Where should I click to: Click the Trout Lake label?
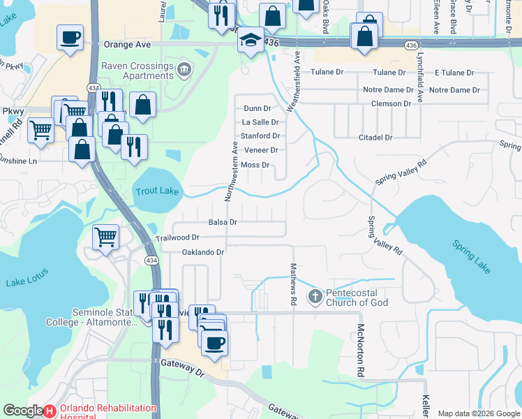pos(157,191)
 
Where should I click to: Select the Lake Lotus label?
pos(26,282)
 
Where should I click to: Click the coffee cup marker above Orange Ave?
pos(70,38)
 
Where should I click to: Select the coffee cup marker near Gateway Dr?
pos(214,342)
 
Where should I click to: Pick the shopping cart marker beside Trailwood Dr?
pos(105,237)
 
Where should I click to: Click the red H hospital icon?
pos(50,411)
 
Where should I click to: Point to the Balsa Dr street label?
pos(223,222)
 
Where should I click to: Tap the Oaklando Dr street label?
pos(203,252)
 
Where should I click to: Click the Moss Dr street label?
pos(255,165)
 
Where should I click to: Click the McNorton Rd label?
pos(361,351)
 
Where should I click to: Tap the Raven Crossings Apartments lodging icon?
pos(184,68)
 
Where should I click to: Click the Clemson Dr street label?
pos(391,103)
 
